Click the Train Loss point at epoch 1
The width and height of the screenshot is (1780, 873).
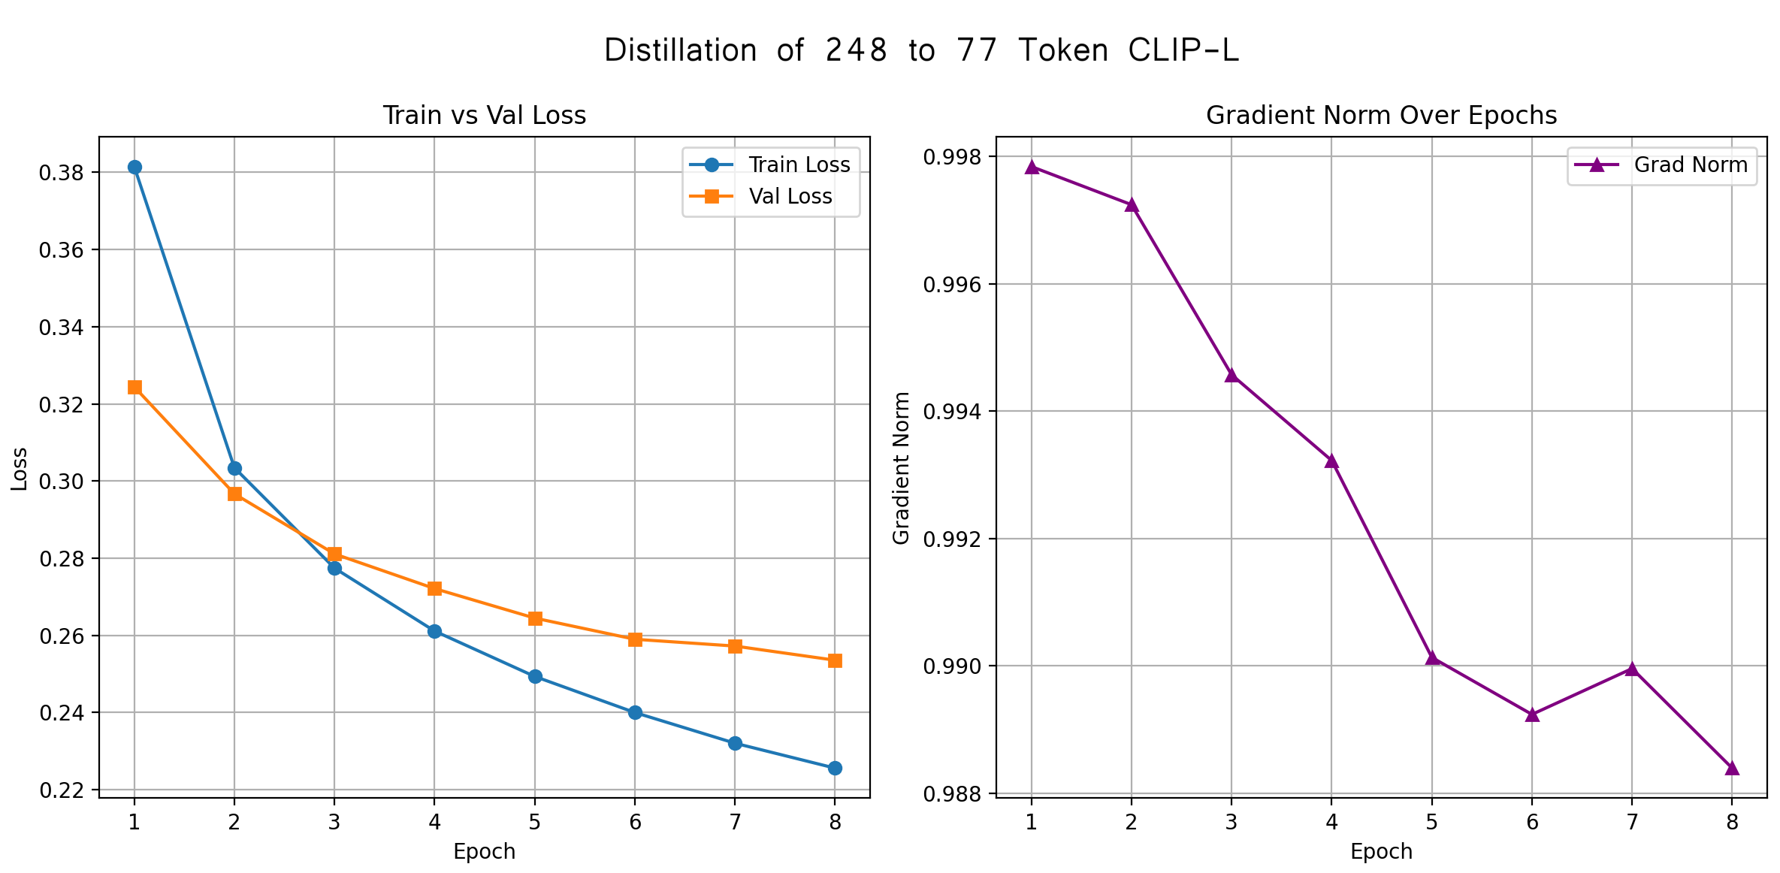pos(134,167)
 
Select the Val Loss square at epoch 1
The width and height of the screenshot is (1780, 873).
pos(134,387)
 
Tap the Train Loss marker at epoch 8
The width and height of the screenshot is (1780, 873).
pos(835,768)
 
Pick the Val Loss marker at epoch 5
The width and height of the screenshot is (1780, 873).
pos(535,618)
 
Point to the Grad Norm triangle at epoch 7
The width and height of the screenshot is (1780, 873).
pos(1632,669)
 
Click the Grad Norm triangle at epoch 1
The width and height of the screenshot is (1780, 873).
pos(1032,167)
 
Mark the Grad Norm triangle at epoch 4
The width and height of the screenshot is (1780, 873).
pos(1331,461)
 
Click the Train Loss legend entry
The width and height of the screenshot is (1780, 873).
pos(799,165)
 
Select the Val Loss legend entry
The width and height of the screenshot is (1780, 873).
pos(790,196)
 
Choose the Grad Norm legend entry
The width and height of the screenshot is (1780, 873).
pos(1690,165)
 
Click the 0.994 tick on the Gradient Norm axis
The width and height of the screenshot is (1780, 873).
pos(952,412)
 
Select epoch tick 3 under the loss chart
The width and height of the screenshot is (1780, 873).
pos(334,823)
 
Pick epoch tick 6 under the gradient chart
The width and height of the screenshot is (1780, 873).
pos(1532,823)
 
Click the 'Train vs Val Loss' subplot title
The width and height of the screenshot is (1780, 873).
pos(484,115)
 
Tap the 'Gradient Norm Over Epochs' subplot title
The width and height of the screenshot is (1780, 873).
pos(1381,115)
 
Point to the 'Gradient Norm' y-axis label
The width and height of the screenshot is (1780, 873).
pos(901,467)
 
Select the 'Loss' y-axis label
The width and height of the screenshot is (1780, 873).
pos(20,469)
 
